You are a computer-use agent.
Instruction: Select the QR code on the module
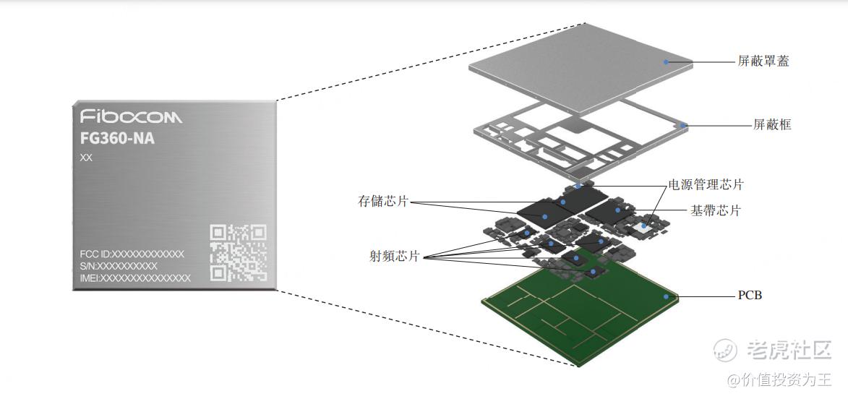click(x=239, y=252)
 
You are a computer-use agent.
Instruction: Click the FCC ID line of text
click(x=132, y=254)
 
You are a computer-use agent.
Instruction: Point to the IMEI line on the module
click(x=135, y=278)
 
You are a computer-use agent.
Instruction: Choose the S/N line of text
click(x=119, y=266)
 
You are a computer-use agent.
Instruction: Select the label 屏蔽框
click(x=772, y=125)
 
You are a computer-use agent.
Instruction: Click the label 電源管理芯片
click(x=704, y=185)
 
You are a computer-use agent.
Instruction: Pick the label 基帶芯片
click(x=715, y=211)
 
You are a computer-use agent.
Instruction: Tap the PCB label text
click(x=750, y=296)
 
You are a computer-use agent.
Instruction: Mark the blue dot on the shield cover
click(x=667, y=63)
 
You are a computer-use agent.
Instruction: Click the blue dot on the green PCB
click(x=667, y=296)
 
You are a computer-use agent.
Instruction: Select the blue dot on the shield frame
click(x=684, y=126)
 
